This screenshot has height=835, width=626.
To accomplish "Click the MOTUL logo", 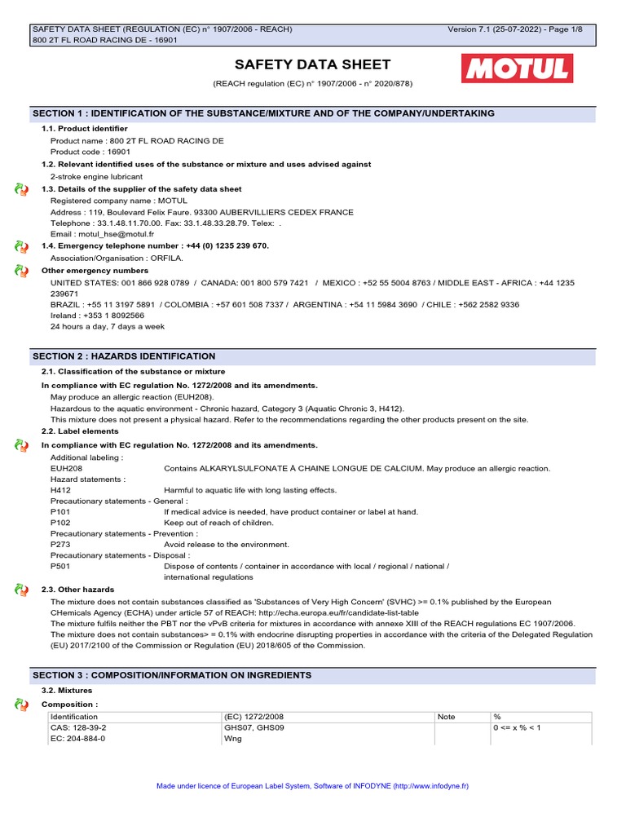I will (x=517, y=68).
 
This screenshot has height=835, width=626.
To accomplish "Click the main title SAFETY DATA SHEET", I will (x=313, y=64).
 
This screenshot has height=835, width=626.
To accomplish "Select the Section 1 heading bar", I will (x=313, y=113).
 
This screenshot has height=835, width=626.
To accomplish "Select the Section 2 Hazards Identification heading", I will (x=313, y=356).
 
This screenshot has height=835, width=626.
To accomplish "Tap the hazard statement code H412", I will (x=60, y=490).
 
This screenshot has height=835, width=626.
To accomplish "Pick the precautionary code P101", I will (x=60, y=512).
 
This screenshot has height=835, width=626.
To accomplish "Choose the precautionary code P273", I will (x=60, y=545).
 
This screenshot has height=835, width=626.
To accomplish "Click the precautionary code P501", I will (x=60, y=566).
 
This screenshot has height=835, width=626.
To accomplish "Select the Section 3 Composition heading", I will (x=313, y=675).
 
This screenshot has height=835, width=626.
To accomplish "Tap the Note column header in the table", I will (x=447, y=717).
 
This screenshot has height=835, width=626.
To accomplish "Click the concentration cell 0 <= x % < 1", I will (x=517, y=727).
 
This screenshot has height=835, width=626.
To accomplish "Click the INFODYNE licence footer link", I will (x=313, y=786).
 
